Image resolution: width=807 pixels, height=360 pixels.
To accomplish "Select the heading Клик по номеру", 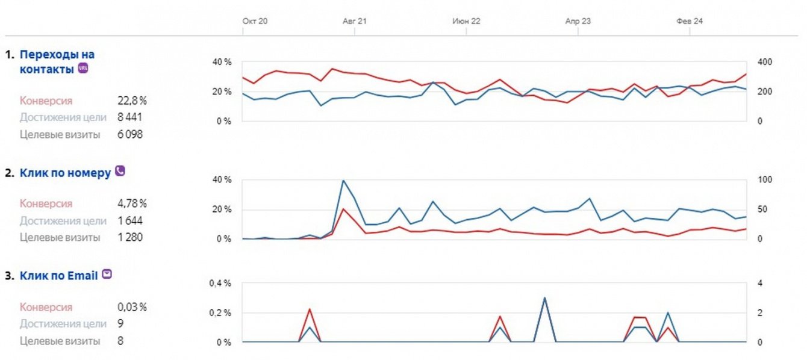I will tap(66, 173).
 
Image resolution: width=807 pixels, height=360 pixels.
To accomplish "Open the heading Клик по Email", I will tap(59, 276).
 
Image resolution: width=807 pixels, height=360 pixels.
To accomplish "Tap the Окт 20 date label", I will tap(255, 21).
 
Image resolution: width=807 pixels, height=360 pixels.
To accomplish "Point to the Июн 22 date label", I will tap(467, 21).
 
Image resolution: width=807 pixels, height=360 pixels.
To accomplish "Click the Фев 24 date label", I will tap(690, 21).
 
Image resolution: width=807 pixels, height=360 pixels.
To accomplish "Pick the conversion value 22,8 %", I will tap(132, 101).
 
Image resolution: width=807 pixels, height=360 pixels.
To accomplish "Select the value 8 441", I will tap(130, 117).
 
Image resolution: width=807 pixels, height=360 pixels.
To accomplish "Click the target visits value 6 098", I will tap(130, 134).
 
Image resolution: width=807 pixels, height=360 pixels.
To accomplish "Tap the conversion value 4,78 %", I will tap(132, 203).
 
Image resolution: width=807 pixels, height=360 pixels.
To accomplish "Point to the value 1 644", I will tap(130, 220).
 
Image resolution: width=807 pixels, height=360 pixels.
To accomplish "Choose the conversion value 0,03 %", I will tap(132, 307).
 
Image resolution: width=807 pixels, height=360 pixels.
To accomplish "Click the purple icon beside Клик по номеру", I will tap(120, 171).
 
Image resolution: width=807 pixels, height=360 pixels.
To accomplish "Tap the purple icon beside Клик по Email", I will tap(107, 275).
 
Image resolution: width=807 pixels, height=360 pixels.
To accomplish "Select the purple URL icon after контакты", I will tap(83, 69).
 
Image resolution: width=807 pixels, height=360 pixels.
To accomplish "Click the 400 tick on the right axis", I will tap(764, 62).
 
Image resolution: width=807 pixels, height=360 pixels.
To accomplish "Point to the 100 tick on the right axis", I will tap(764, 180).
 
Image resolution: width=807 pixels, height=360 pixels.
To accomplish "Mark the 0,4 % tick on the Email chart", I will tap(220, 283).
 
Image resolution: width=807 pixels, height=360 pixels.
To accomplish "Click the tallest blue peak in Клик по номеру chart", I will tap(343, 181).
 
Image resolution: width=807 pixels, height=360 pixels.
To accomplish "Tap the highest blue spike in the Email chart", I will tap(544, 297).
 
